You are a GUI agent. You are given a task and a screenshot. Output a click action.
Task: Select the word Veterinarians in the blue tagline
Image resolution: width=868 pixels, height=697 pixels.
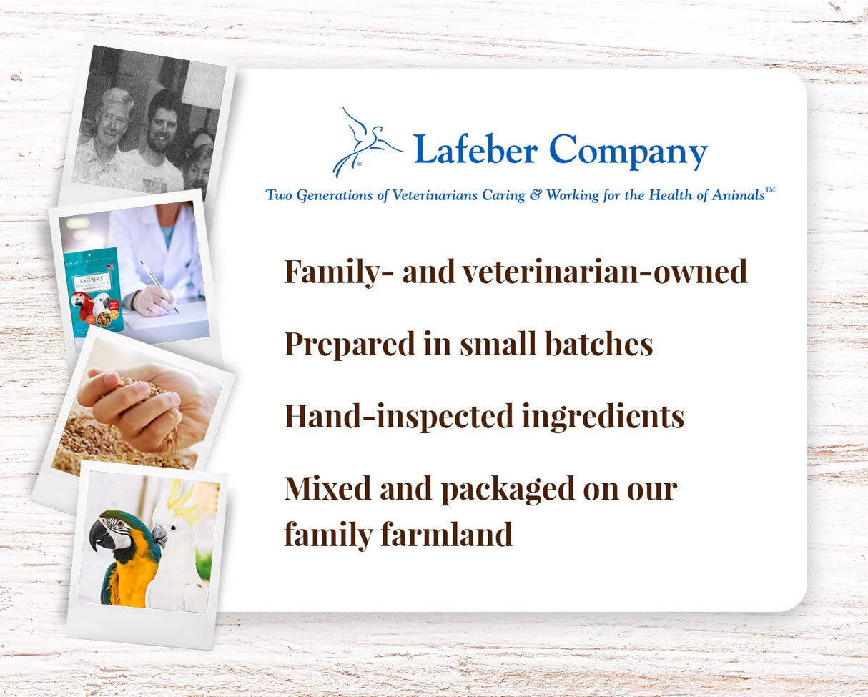pyautogui.click(x=437, y=195)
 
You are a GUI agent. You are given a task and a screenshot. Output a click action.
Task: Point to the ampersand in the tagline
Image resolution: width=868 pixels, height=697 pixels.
pyautogui.click(x=536, y=195)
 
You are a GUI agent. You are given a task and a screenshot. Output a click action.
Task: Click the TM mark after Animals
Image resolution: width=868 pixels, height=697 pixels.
pyautogui.click(x=770, y=191)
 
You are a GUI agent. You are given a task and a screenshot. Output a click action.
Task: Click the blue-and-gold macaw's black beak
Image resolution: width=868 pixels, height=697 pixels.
pyautogui.click(x=102, y=535)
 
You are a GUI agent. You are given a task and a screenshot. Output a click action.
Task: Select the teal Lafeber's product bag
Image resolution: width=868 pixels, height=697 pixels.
pyautogui.click(x=94, y=290)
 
